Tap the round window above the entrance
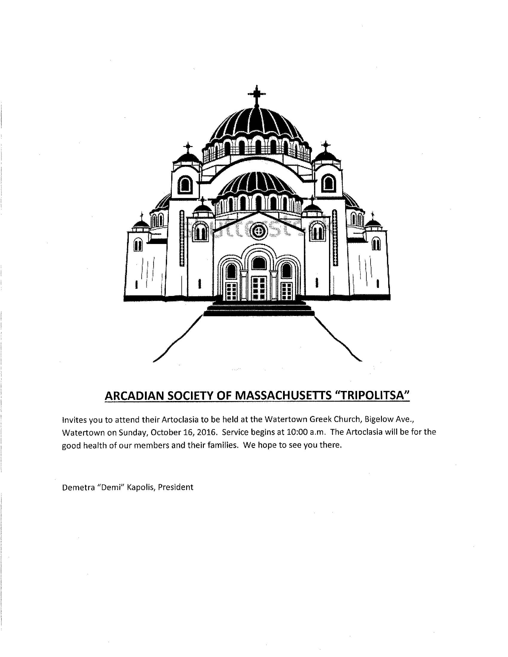[x=258, y=231]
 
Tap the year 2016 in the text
[x=206, y=432]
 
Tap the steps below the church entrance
[x=259, y=308]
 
